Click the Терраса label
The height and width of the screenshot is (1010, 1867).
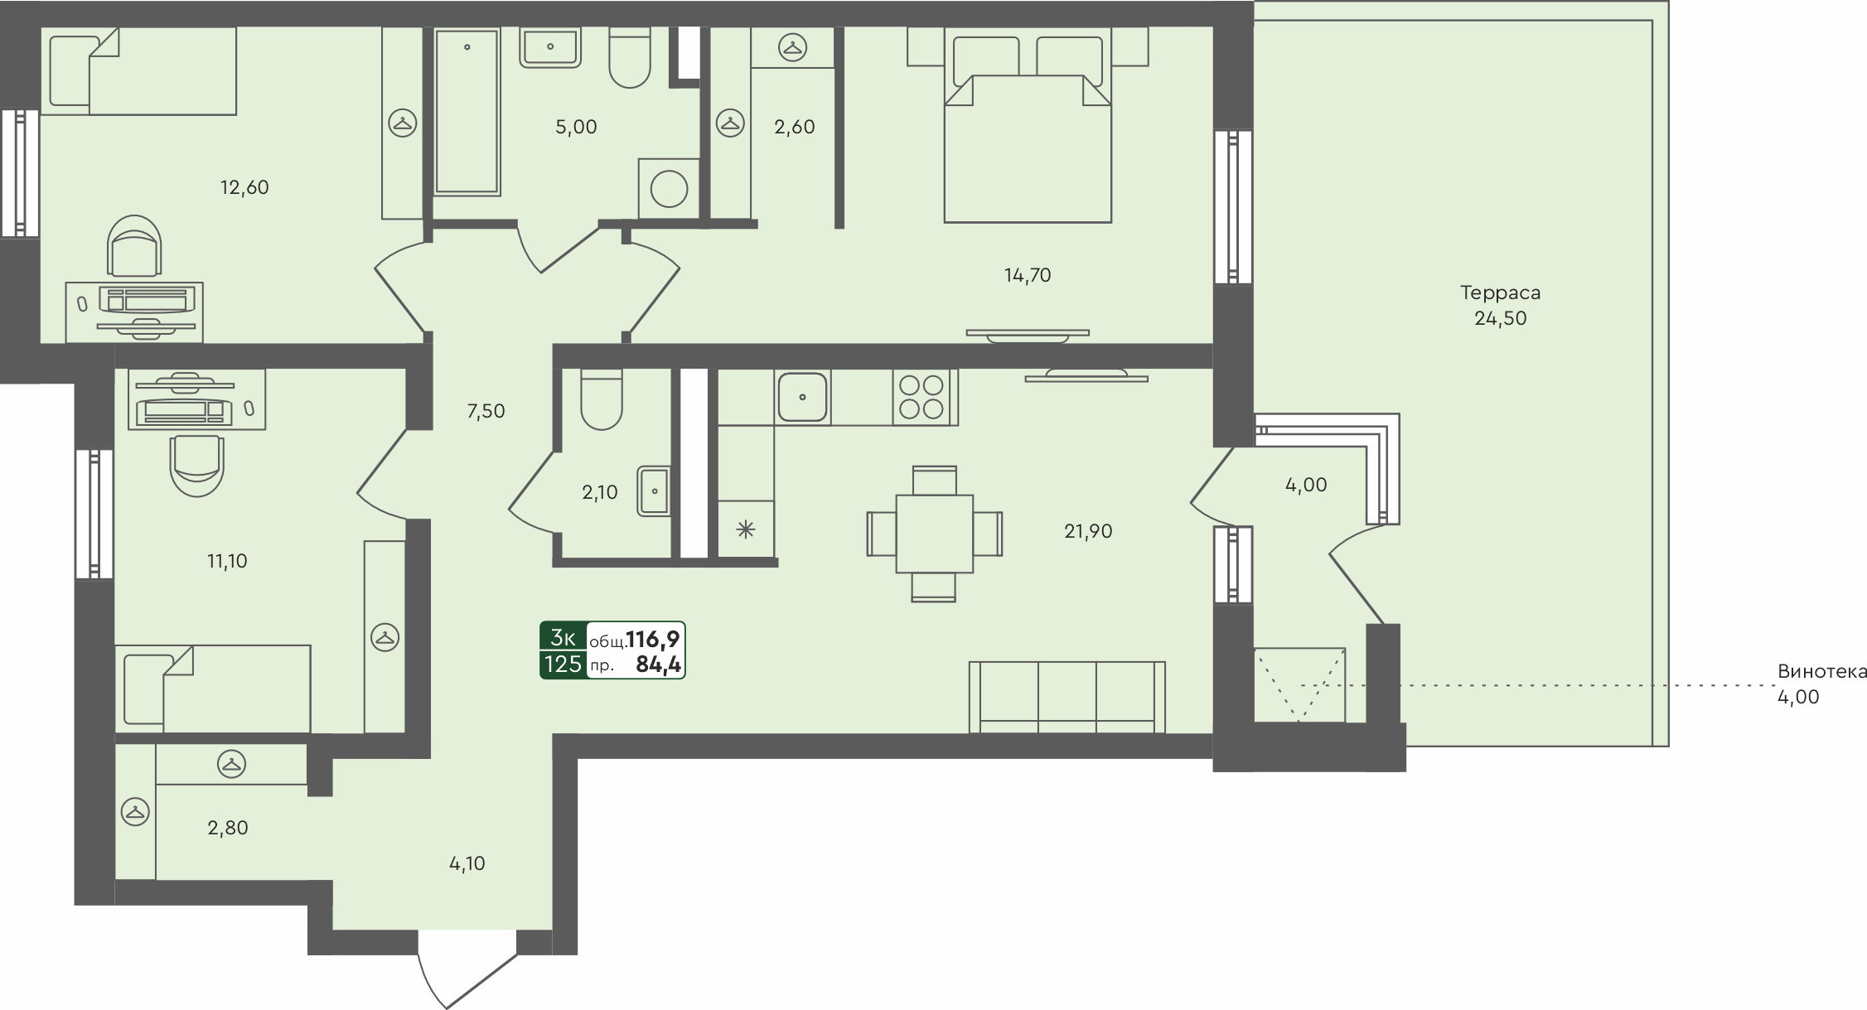[x=1500, y=292]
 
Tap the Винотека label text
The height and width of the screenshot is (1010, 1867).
[x=1822, y=671]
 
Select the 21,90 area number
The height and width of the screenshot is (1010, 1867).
[x=1088, y=531]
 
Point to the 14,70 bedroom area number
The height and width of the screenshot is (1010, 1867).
[x=1028, y=275]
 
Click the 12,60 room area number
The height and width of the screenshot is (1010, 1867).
[x=244, y=187]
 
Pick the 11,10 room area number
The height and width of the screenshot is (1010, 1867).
[x=227, y=561]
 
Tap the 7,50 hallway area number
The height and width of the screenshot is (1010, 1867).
[x=486, y=411]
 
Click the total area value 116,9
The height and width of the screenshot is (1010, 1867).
[x=653, y=639]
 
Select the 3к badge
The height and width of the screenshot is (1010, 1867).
[x=563, y=637]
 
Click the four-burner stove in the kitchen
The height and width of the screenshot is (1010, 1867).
[x=921, y=397]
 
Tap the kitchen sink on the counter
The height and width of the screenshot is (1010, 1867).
[x=802, y=397]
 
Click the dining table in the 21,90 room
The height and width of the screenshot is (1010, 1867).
[x=934, y=534]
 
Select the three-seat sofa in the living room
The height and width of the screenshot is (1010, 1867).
[x=1067, y=697]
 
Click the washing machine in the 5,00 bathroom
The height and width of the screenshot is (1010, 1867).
[x=669, y=189]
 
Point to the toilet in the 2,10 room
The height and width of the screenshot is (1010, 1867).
[x=602, y=399]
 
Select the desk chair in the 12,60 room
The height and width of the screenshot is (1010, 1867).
[x=134, y=245]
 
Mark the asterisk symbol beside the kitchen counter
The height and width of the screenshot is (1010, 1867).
[x=746, y=529]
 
